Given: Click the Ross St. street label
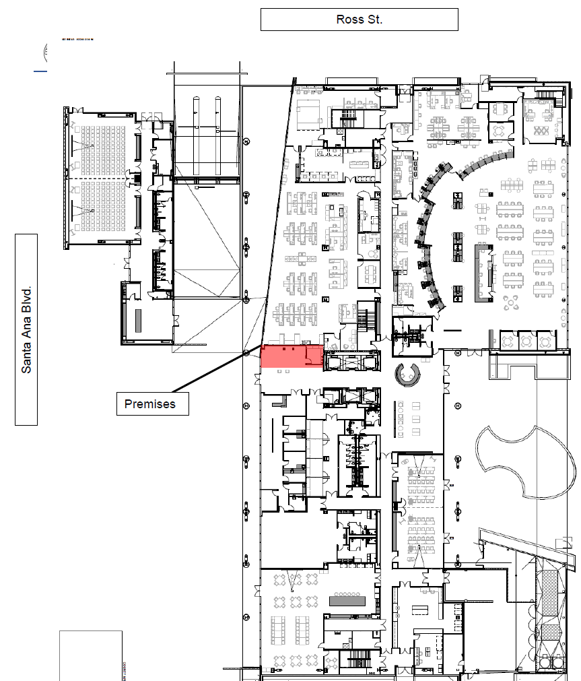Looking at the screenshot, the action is click(359, 20).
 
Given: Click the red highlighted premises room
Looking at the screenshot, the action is click(290, 356).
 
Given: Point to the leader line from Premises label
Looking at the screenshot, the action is click(209, 372).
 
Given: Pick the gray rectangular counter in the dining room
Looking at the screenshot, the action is click(346, 600).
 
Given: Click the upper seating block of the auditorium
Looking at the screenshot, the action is click(95, 143).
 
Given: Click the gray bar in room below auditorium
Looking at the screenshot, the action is click(137, 319).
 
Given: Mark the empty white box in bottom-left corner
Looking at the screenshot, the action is click(90, 655).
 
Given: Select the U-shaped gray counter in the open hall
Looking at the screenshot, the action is click(484, 273).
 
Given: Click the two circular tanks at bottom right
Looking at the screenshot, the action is click(551, 662).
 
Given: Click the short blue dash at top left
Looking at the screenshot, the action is click(40, 70).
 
